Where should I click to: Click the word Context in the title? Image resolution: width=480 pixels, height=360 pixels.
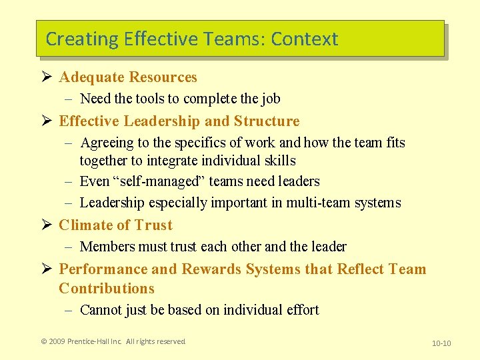(304, 39)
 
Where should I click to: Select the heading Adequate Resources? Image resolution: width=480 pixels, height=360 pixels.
(128, 77)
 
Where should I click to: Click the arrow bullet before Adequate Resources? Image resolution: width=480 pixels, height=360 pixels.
(45, 77)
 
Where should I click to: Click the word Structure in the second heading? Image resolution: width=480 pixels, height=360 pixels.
(267, 121)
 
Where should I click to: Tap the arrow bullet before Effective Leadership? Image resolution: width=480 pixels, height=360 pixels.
(45, 121)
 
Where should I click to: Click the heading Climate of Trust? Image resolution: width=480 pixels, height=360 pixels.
(115, 225)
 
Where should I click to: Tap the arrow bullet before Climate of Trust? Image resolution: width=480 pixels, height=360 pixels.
(45, 225)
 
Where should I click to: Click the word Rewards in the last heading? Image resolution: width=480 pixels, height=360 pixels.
(216, 269)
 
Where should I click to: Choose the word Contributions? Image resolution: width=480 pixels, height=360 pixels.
(107, 289)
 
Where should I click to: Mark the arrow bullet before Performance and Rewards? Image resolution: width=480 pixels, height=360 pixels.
(45, 269)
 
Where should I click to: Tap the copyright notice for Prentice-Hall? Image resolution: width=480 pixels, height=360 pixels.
(113, 341)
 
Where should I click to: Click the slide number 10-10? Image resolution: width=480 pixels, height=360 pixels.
(441, 343)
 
